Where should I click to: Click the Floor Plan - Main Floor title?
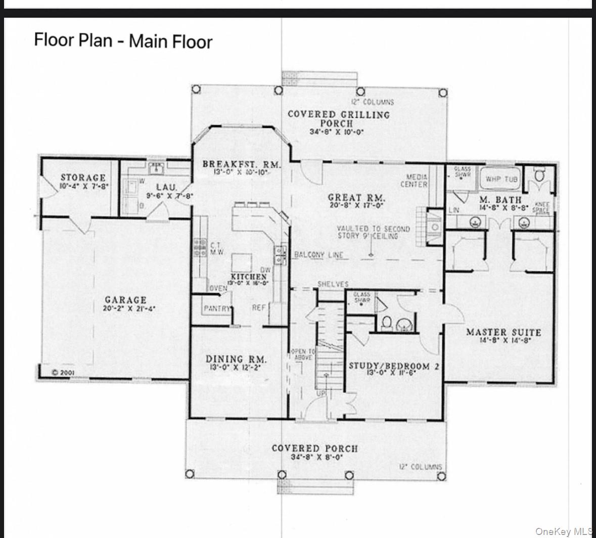coord(123,40)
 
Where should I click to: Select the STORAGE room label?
coord(83,177)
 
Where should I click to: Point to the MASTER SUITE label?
coord(503,332)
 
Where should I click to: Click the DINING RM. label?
coord(236,360)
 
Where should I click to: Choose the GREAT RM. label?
coord(356,198)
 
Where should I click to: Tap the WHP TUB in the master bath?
coord(501,179)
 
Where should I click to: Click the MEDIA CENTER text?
coord(417,181)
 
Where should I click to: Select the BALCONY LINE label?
coord(318,255)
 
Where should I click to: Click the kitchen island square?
coord(242,263)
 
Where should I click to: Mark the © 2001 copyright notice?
coord(64,372)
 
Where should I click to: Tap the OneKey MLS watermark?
coord(565,531)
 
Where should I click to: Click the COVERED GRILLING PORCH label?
coord(338,118)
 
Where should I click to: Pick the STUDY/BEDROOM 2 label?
coord(394,366)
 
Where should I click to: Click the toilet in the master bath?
coord(540,176)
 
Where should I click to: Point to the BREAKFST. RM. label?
coord(241,164)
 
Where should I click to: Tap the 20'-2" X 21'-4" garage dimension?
coord(125,308)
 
